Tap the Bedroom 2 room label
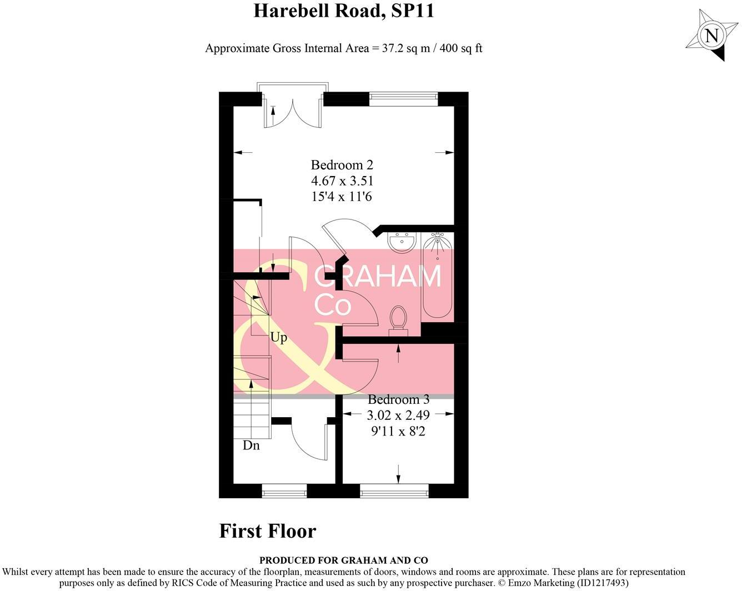click(342, 165)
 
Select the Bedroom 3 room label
click(398, 399)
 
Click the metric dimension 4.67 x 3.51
click(342, 181)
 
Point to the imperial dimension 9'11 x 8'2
click(398, 430)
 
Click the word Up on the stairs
click(279, 337)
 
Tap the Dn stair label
click(251, 445)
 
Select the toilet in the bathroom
click(398, 320)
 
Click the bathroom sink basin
click(402, 242)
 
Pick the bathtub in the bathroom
click(438, 277)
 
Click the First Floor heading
click(267, 531)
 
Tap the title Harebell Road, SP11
click(343, 11)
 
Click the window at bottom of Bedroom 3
click(394, 490)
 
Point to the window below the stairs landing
click(284, 490)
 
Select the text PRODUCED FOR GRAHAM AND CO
click(343, 560)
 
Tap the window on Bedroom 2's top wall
click(403, 99)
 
